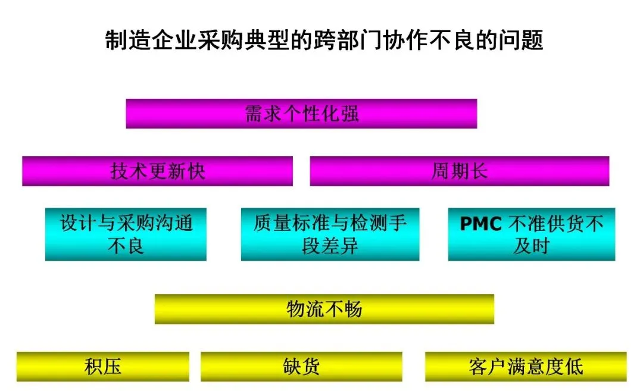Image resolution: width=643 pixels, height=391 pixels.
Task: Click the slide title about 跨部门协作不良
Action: tap(324, 41)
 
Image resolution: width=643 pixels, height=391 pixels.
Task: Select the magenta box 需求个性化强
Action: tap(301, 114)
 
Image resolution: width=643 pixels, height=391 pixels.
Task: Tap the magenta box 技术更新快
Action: tap(157, 171)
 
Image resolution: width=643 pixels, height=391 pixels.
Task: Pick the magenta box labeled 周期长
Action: tap(459, 171)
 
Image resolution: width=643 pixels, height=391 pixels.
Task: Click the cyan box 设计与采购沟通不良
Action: tap(126, 234)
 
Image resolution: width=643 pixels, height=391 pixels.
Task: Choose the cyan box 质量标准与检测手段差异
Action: tap(330, 234)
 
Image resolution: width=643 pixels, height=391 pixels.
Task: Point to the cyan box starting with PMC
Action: tap(531, 234)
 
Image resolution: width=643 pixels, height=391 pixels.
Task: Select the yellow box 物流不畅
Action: tap(324, 309)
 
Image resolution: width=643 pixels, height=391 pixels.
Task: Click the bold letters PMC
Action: tap(482, 224)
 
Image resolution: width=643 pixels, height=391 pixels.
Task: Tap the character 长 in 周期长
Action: tap(478, 171)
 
